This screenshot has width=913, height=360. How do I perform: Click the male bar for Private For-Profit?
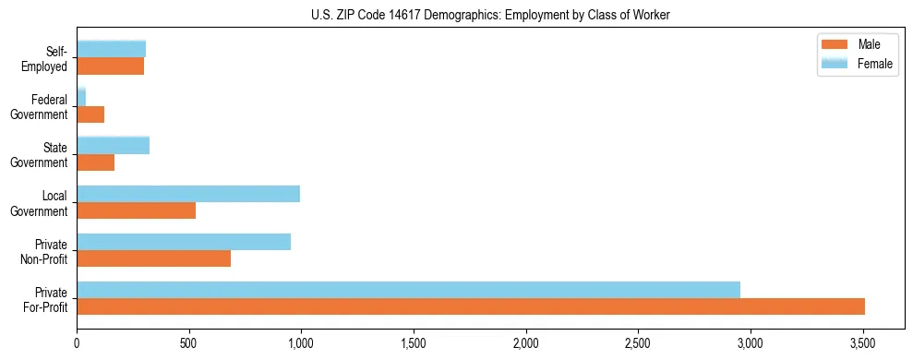tap(471, 306)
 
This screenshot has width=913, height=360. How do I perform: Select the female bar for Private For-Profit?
tap(408, 290)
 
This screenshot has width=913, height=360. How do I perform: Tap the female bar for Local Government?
tap(188, 194)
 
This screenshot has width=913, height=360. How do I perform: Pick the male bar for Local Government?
tap(136, 210)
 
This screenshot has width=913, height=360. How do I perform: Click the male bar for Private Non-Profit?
tap(153, 258)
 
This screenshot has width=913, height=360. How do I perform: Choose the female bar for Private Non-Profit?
tap(184, 242)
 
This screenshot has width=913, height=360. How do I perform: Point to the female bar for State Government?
tap(113, 145)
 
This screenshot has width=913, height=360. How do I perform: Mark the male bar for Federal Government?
tap(90, 114)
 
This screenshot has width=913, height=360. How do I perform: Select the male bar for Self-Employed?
tap(110, 66)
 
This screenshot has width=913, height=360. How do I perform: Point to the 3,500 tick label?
tap(862, 342)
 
